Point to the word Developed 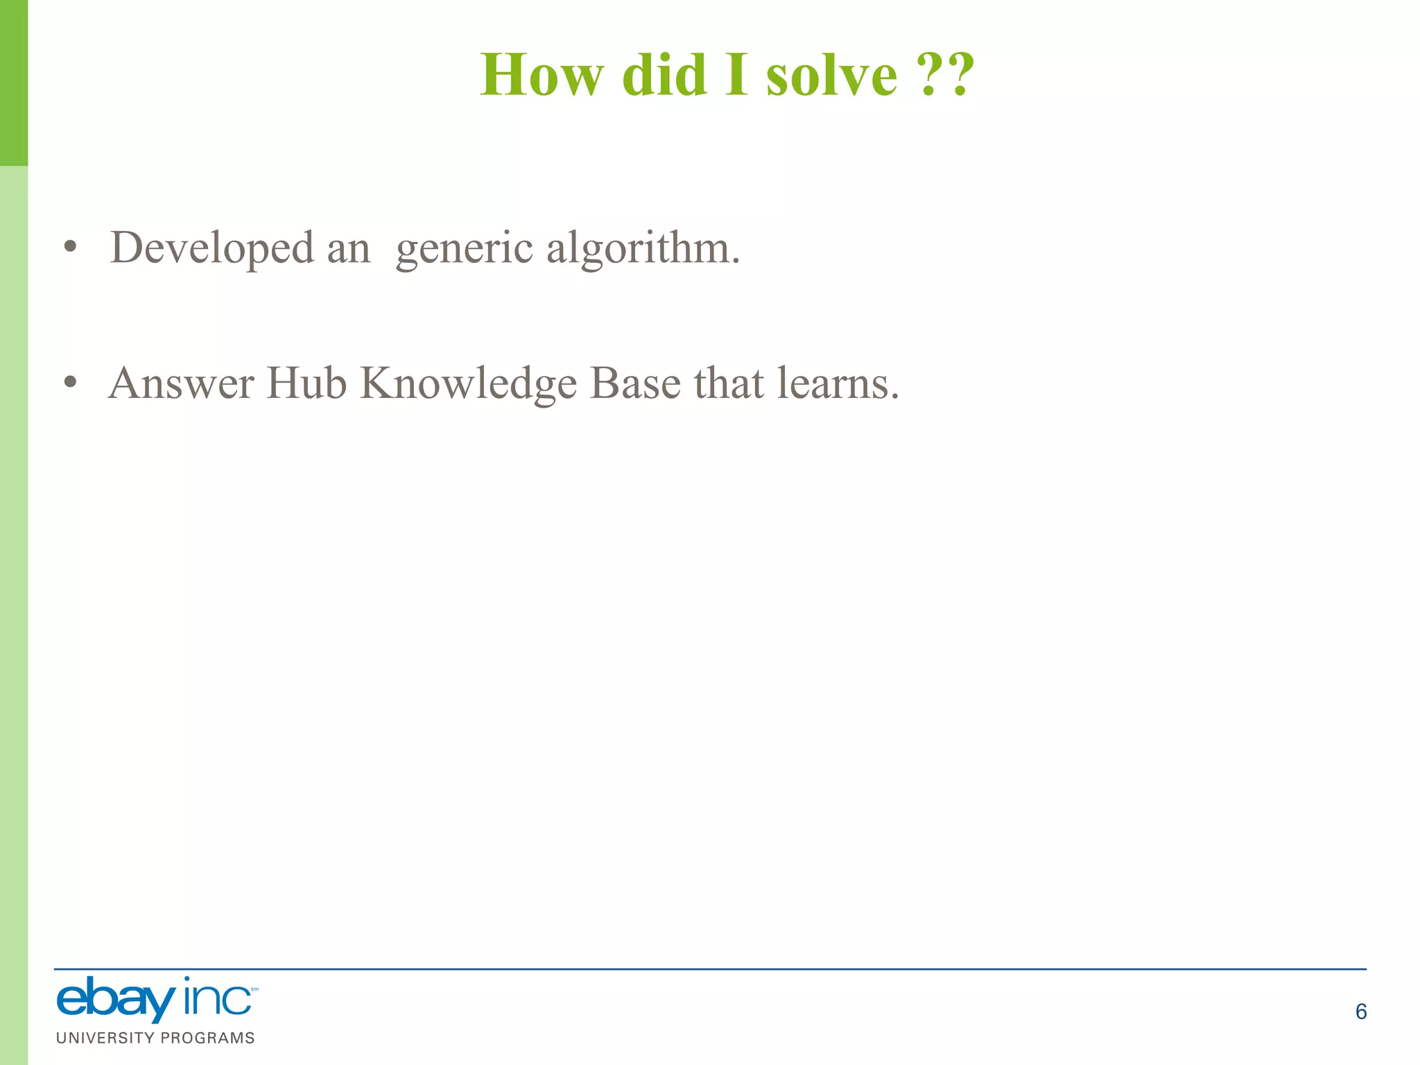click(x=211, y=248)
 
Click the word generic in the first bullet click(x=464, y=248)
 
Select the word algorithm click(x=643, y=248)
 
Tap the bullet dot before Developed click(x=70, y=247)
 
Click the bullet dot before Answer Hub click(x=70, y=383)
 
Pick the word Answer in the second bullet click(x=182, y=383)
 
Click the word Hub click(x=306, y=383)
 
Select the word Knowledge click(x=468, y=383)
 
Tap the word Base click(x=635, y=383)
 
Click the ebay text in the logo click(x=115, y=1001)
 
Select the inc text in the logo click(x=217, y=999)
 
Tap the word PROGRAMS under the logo click(x=207, y=1038)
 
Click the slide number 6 click(x=1360, y=1012)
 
